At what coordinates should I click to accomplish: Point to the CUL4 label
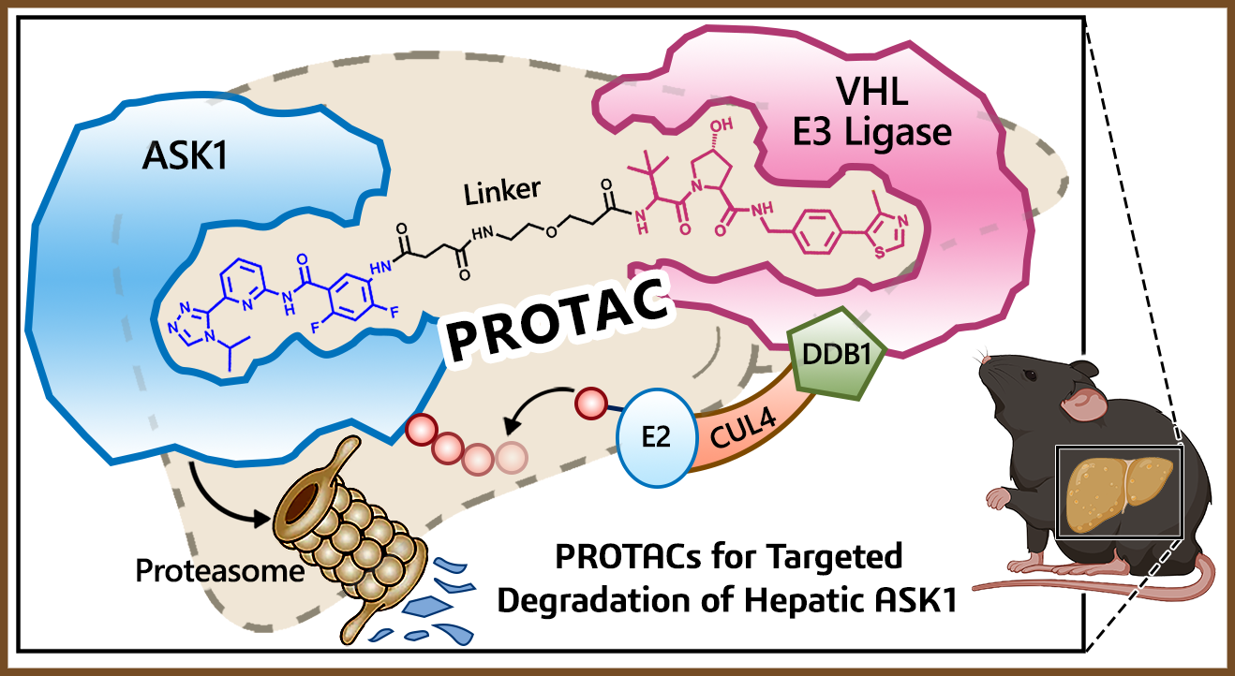click(x=736, y=434)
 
